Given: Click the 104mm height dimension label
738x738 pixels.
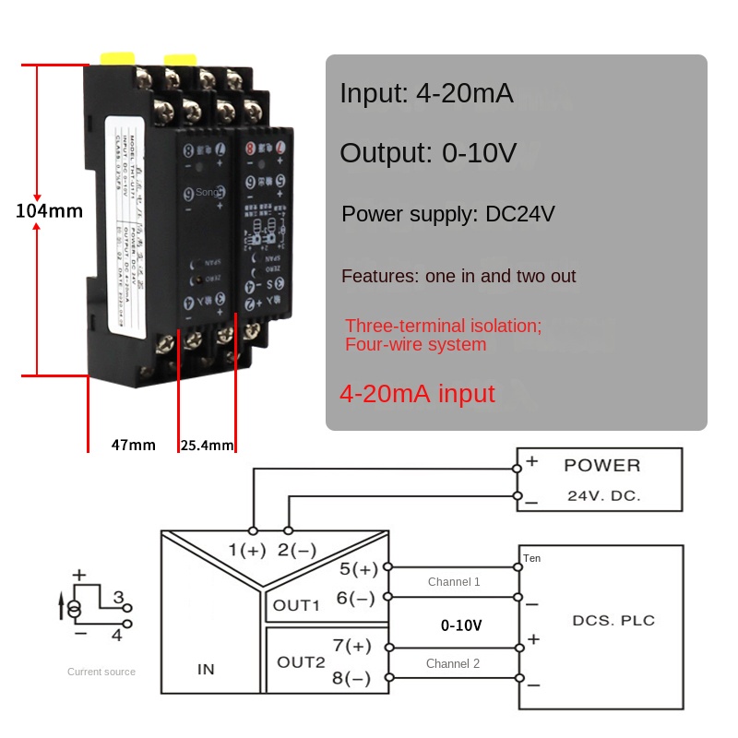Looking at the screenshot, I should coord(50,211).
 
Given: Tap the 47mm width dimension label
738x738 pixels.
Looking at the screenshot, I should coord(134,445).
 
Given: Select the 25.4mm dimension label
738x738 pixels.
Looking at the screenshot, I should coord(207,445).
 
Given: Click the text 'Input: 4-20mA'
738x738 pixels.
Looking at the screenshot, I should coord(426,94).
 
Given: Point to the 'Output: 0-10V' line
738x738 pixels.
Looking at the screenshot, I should coord(428,153).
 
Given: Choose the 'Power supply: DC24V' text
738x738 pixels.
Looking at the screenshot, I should coord(448,215).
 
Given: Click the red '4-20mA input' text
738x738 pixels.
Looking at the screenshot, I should coord(417,394).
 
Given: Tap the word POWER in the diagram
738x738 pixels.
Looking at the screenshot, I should coord(601,465).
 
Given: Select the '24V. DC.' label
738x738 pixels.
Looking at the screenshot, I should coord(603,495).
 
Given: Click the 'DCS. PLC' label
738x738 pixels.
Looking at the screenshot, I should coord(613,620).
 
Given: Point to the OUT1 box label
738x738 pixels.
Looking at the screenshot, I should coord(296,606).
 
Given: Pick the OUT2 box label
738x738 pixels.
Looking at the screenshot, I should coord(301,661).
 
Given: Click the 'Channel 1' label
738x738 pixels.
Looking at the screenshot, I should coord(454,582).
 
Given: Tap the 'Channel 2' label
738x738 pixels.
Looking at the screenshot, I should coord(453,663).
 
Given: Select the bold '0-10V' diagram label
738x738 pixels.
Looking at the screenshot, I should coord(461,625).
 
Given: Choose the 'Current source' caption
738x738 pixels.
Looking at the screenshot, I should coord(101,672).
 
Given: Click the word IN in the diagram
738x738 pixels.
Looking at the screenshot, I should coord(206,669).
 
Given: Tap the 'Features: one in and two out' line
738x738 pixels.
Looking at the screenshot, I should coord(458,276).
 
